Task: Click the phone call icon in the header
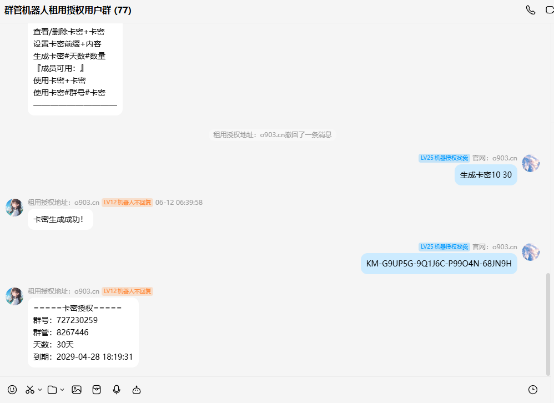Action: coord(530,10)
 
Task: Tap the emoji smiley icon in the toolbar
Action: coord(12,390)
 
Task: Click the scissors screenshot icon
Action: coord(30,390)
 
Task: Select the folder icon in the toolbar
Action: coord(52,390)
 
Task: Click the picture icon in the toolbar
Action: coord(77,390)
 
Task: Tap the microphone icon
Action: coord(117,390)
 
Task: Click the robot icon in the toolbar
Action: coord(137,390)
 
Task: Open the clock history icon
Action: coord(533,390)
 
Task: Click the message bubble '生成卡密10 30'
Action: coord(486,175)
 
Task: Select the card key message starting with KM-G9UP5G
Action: coord(439,264)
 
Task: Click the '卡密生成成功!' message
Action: coord(61,219)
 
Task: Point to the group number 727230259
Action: coord(77,320)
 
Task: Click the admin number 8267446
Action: coord(72,333)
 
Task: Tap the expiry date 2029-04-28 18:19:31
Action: coord(95,357)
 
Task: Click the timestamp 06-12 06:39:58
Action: coord(179,203)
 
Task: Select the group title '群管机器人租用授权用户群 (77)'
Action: coord(68,10)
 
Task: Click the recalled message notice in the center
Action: coord(273,134)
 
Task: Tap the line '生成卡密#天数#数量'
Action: coord(69,56)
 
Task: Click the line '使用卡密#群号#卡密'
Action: coord(69,93)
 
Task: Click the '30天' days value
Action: coord(65,345)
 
